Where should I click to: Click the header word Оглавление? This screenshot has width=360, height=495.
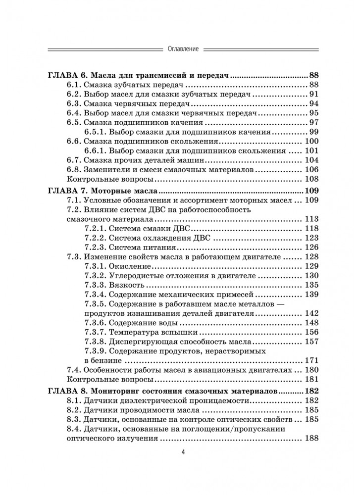(180, 49)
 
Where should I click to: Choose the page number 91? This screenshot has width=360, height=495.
(312, 94)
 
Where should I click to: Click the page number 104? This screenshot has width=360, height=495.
(310, 160)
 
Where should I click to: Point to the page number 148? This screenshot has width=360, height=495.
(310, 323)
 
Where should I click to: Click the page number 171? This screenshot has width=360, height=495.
(310, 360)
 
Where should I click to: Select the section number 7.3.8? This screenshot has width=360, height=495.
(95, 342)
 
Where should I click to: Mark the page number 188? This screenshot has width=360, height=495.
(310, 438)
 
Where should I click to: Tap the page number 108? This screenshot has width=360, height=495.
(310, 179)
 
